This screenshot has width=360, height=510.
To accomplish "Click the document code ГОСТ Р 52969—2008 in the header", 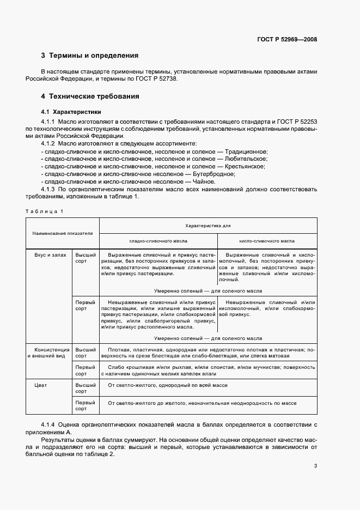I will coord(288,39).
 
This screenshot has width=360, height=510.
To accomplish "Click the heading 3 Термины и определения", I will coord(90,56).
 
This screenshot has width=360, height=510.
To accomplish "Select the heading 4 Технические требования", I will coord(90,96).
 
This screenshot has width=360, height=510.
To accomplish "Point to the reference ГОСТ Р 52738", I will coord(158,79).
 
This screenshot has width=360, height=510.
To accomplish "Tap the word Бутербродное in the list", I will coord(214,174).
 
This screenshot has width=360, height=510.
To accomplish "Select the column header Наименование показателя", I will coord(63,233).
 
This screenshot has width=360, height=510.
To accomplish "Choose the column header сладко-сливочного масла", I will coord(158,240).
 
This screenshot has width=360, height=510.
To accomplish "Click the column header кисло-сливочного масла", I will coord(267,240).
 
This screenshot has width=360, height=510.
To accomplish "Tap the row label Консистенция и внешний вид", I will coord(50,352).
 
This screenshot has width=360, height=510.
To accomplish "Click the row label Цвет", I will coord(40,385).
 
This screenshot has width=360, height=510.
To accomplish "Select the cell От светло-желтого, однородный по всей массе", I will coord(168,385).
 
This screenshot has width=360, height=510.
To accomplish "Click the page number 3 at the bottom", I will coord(315,466).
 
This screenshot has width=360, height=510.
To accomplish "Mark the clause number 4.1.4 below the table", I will coord(50,424).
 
